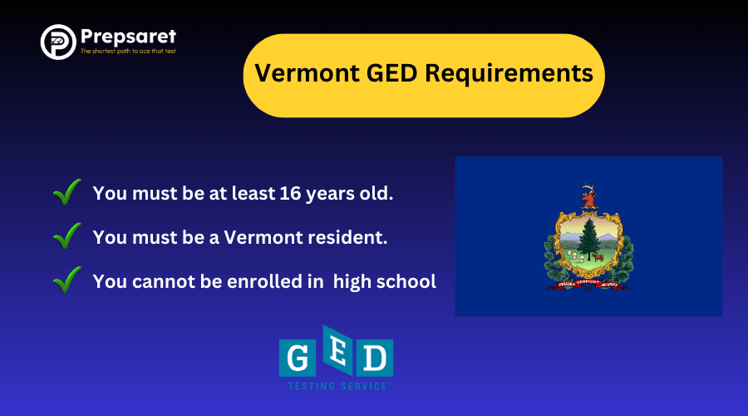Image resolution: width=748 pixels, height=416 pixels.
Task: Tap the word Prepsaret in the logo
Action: (128, 37)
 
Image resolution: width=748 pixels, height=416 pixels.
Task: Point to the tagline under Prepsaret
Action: (128, 52)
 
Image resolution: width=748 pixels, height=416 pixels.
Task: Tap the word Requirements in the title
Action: (509, 74)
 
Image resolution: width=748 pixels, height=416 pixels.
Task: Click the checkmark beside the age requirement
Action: (66, 193)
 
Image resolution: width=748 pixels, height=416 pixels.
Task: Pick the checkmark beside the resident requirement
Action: (66, 237)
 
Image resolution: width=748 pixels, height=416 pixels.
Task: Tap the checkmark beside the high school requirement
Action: (66, 280)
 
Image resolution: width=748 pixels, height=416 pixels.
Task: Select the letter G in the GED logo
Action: (297, 359)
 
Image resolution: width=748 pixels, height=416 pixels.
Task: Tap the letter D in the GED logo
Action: (376, 359)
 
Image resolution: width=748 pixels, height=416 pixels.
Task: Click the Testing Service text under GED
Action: (337, 387)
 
